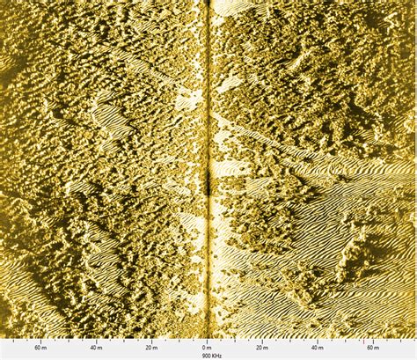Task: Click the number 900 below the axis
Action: (x=206, y=355)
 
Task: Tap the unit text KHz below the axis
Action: (x=216, y=355)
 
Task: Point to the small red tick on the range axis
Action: (x=362, y=340)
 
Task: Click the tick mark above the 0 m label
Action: (x=207, y=340)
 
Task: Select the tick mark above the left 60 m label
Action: (x=40, y=340)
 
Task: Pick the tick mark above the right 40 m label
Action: (x=318, y=340)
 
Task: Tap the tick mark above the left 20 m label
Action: (x=151, y=340)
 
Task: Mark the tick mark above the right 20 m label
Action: (x=262, y=340)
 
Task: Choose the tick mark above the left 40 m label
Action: (x=96, y=340)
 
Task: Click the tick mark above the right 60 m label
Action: (x=373, y=340)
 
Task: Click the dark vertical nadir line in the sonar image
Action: (x=208, y=88)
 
